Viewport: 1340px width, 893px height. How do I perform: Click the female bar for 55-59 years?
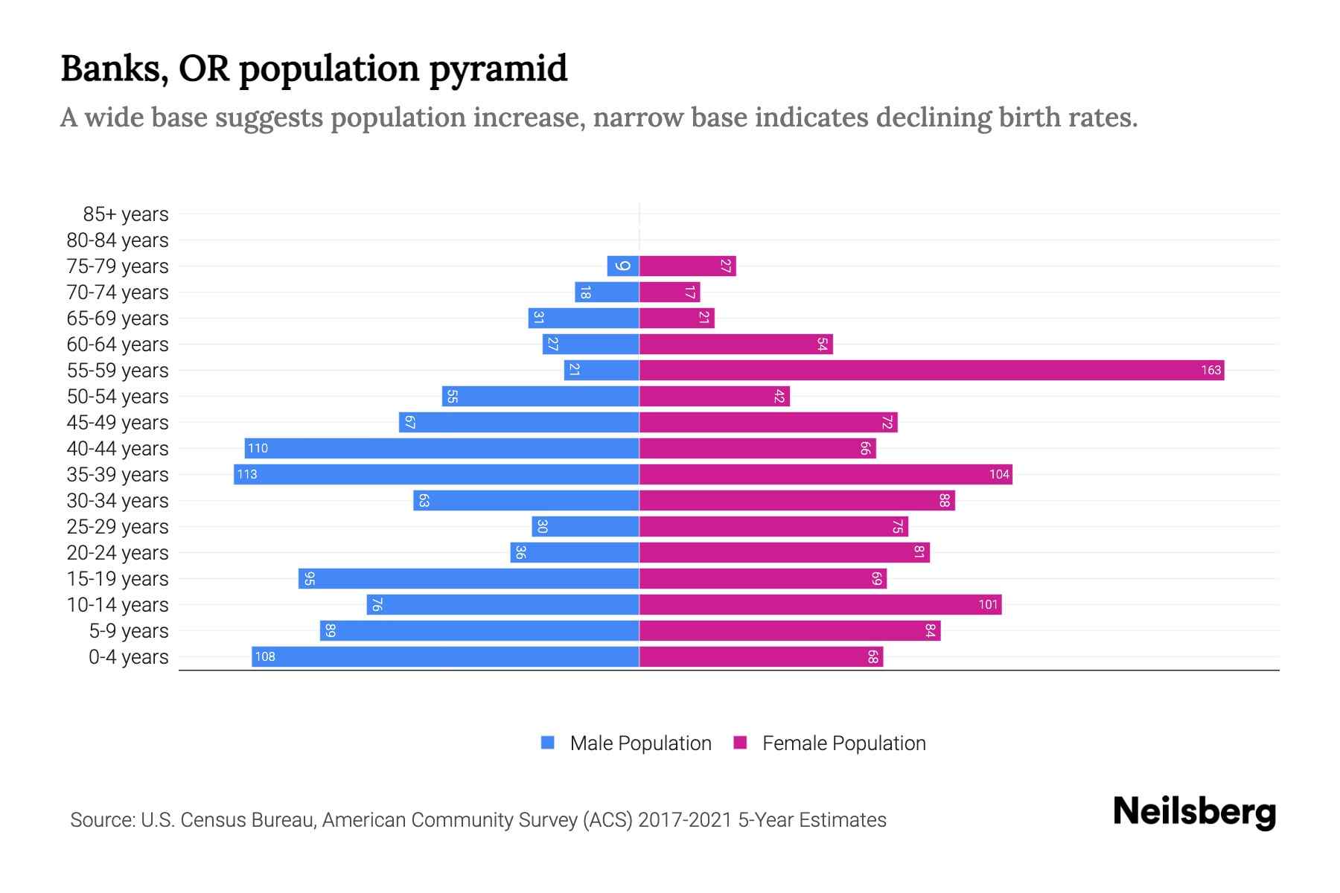[931, 370]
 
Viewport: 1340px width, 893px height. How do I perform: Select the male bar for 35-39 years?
[436, 474]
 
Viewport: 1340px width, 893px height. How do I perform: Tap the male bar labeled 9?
[623, 266]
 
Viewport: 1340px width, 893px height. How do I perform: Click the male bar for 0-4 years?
[445, 656]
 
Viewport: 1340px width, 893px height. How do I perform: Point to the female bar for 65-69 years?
[676, 318]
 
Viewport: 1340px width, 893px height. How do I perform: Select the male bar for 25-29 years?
[585, 526]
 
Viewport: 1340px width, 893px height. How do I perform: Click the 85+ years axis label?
[126, 214]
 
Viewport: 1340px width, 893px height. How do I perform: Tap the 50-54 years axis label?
[118, 397]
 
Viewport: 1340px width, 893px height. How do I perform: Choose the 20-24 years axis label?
[118, 553]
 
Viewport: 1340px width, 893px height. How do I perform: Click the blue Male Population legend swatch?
[548, 743]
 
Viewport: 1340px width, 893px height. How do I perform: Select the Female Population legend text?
[843, 743]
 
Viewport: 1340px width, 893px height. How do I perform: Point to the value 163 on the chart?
[1210, 370]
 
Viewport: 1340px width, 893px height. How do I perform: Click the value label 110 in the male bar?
[258, 448]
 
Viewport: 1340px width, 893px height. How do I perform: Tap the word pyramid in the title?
[498, 68]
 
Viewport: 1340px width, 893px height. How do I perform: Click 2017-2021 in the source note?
[684, 820]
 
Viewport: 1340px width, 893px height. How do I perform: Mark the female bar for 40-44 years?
[757, 448]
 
